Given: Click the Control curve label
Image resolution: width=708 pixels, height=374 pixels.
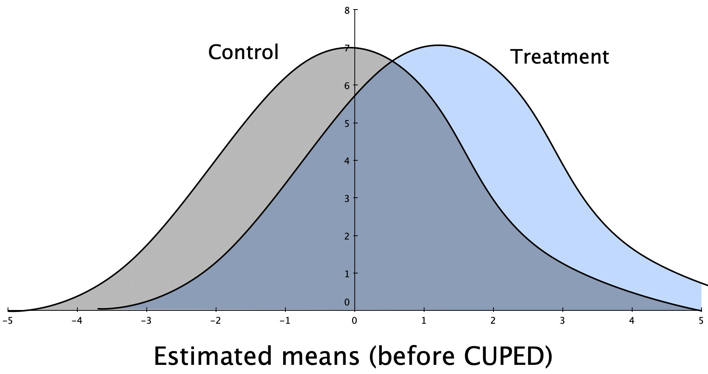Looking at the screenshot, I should coord(243,52).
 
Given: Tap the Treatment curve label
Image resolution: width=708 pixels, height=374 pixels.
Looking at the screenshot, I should coord(559,57).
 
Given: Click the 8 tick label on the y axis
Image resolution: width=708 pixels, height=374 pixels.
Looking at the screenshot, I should coord(347,11).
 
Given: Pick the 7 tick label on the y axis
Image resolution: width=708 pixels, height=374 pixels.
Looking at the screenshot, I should coord(347,48).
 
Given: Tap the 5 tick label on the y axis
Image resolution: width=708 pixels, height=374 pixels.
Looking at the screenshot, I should coord(347,123).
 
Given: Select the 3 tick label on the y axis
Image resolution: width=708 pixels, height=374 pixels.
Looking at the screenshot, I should coord(347,198).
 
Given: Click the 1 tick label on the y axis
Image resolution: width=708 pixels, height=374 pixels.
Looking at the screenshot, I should coord(347,273).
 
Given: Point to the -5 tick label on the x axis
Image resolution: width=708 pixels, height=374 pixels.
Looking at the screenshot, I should coord(7,321).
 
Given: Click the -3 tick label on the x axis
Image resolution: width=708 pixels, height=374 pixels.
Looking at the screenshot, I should coord(146,321).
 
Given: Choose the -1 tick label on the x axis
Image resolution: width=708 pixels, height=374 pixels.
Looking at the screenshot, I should coord(285,321).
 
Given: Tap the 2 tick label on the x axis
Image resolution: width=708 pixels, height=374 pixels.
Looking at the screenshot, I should coord(493,321).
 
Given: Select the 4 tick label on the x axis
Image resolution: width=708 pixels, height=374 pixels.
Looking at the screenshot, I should coord(632,321).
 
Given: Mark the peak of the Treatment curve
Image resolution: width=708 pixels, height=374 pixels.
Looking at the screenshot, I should coord(439,45).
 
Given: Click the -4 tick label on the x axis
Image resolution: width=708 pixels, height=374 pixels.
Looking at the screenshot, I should coord(77,321).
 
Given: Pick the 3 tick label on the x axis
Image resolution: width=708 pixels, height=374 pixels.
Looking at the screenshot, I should coord(562,321).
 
